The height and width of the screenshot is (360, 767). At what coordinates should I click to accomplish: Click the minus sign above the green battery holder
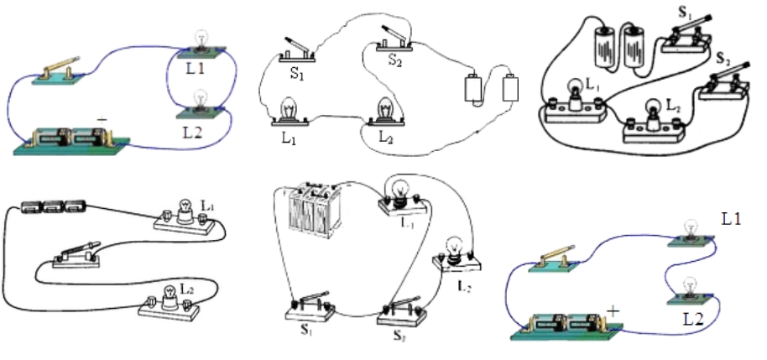pos(102,121)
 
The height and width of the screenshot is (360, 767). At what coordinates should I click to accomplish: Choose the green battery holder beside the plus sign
pos(563,323)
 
